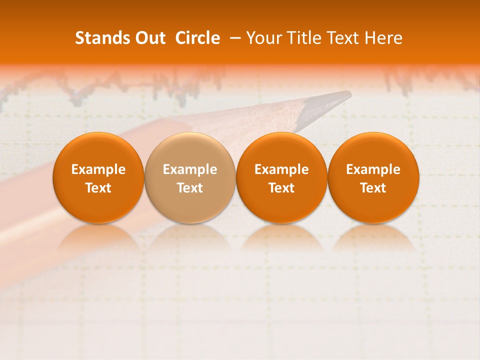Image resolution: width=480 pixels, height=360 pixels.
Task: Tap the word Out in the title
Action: (x=148, y=38)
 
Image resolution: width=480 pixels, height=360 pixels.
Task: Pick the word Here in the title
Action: (x=383, y=38)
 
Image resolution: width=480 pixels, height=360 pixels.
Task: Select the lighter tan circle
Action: (x=190, y=178)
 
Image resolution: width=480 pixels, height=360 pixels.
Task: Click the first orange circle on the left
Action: (x=98, y=178)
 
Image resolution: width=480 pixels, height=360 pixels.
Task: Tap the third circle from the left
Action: (x=281, y=178)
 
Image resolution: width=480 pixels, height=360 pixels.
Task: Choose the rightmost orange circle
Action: (x=373, y=178)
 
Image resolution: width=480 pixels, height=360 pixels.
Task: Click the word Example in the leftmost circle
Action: (x=98, y=169)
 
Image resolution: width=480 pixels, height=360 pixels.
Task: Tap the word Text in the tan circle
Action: (x=190, y=188)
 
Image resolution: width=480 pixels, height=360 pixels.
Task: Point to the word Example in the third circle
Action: (x=281, y=169)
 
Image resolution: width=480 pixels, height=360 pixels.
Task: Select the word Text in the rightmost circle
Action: (x=373, y=188)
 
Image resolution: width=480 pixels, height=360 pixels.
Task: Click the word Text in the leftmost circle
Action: (x=98, y=188)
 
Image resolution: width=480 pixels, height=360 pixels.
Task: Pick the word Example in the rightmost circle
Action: (x=373, y=169)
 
